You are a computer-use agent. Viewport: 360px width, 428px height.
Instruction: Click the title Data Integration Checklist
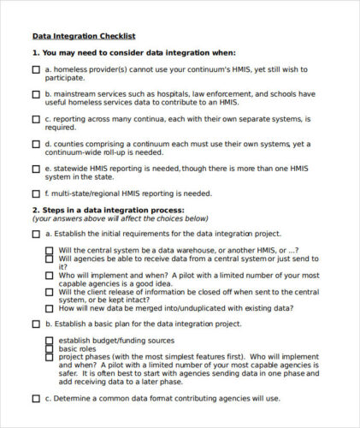coord(83,36)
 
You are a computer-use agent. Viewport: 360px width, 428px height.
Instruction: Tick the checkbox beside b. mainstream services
coord(36,94)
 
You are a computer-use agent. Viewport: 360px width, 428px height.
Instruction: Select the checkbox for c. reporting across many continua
coord(36,119)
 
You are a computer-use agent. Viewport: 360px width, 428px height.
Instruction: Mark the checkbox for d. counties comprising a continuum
coord(36,144)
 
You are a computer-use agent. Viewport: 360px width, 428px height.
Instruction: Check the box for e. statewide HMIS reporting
coord(36,169)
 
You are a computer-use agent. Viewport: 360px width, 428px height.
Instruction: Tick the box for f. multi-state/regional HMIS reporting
coord(36,194)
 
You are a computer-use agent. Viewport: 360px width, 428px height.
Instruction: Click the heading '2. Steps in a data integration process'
coord(108,210)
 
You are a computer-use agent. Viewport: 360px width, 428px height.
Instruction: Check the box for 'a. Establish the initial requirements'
coord(36,234)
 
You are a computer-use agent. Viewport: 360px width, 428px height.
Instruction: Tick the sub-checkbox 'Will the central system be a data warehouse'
coord(50,251)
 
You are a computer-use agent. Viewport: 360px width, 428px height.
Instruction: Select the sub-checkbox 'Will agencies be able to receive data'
coord(50,259)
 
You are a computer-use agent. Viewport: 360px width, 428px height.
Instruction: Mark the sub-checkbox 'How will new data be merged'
coord(50,308)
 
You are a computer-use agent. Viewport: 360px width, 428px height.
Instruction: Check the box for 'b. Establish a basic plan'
coord(36,324)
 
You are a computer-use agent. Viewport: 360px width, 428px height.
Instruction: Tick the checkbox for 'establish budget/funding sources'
coord(50,341)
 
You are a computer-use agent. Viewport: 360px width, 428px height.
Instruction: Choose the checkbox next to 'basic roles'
coord(50,349)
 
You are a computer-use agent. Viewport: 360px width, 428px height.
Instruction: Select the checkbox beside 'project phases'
coord(50,358)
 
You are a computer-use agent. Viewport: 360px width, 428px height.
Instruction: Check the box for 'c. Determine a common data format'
coord(36,399)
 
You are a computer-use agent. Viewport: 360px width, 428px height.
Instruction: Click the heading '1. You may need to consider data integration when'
coord(133,53)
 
